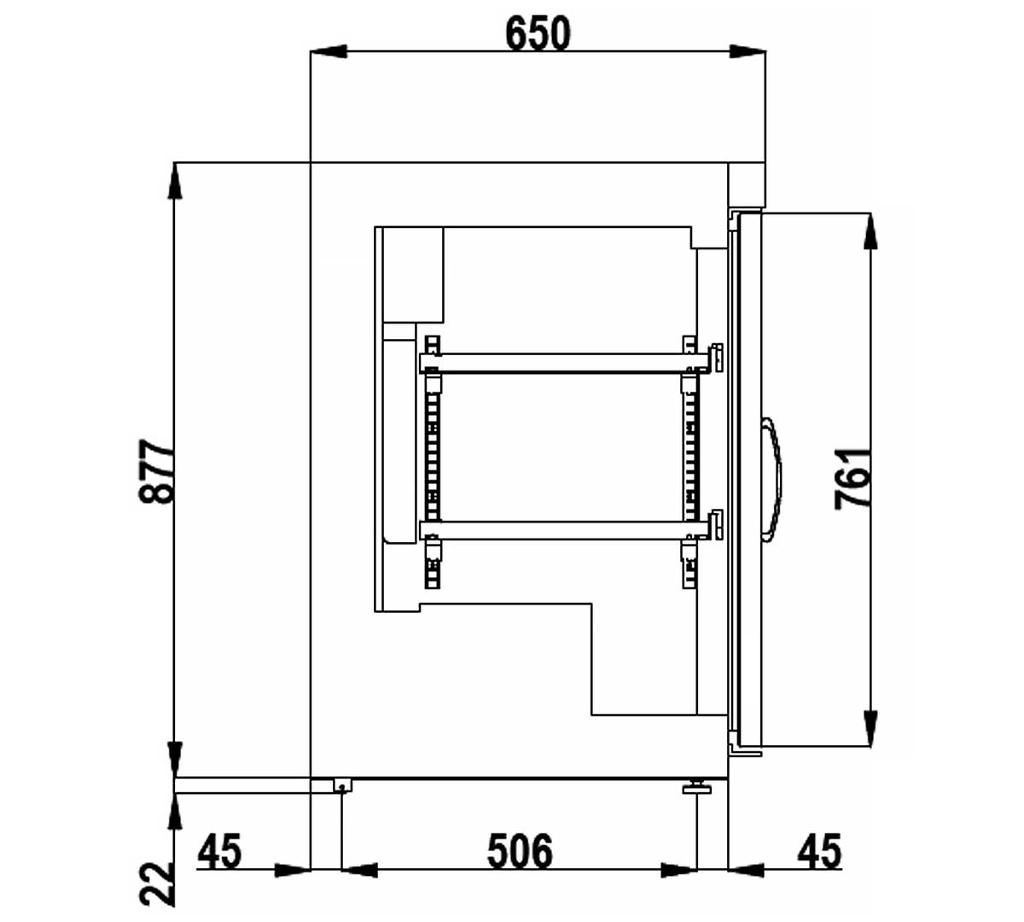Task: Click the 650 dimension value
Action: click(538, 33)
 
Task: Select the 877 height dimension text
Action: click(157, 471)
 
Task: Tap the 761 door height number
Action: click(852, 479)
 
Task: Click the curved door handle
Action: click(773, 480)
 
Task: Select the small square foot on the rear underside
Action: click(342, 785)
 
